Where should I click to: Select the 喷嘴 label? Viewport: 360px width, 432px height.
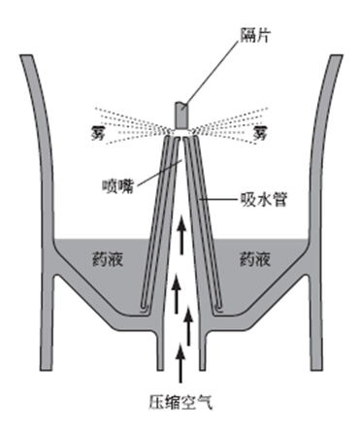(x=115, y=183)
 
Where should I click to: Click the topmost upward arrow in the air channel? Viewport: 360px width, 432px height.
(x=180, y=228)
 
